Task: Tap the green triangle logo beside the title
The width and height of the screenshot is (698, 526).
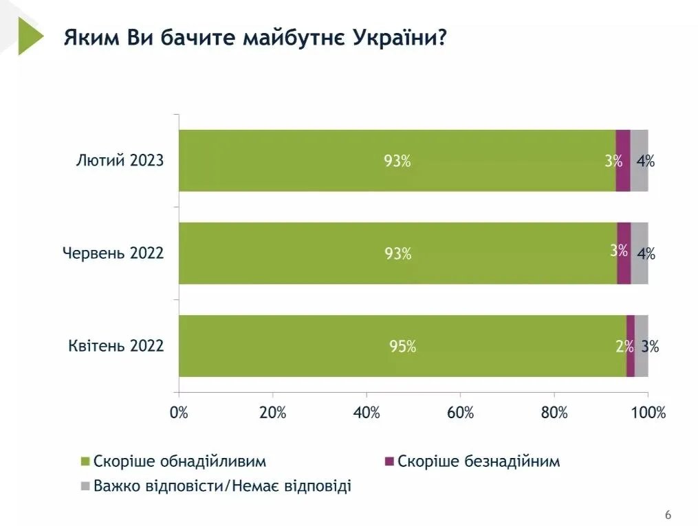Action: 29,36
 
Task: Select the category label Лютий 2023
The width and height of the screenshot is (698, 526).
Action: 120,161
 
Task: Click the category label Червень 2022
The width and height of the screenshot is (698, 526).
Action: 113,253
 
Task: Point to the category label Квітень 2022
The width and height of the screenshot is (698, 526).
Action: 116,345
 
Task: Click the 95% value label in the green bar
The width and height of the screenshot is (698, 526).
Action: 402,347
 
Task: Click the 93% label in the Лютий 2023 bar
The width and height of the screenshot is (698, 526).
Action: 397,162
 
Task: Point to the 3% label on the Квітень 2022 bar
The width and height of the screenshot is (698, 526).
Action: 650,347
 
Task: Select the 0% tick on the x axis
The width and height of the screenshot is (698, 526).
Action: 179,413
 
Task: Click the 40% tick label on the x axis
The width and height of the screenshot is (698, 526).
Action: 367,413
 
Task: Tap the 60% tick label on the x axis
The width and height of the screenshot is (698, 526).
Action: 460,413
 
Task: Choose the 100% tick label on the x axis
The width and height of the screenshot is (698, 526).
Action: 648,413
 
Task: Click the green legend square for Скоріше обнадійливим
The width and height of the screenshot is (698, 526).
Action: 86,461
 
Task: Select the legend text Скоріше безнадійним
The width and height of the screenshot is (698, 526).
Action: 479,461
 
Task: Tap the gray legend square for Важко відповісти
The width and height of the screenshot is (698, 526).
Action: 86,486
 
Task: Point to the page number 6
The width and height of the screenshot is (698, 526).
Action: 668,515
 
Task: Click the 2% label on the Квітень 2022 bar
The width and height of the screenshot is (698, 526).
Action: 624,347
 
